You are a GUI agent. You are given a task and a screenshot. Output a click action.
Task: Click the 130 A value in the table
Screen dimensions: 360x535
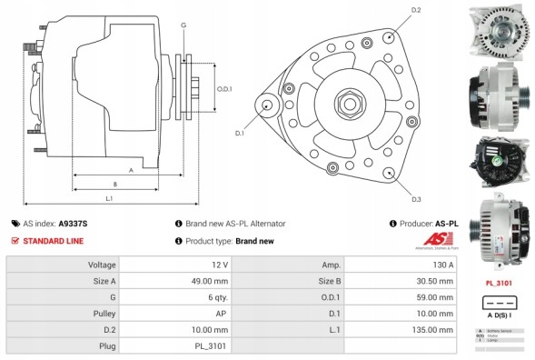[x=441, y=264]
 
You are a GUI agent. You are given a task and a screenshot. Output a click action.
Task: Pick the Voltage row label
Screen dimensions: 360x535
[x=101, y=264]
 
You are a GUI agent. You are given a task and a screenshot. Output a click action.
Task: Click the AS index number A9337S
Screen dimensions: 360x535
[x=74, y=223]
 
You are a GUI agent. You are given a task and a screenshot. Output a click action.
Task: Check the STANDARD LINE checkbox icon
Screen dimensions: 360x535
[x=15, y=241]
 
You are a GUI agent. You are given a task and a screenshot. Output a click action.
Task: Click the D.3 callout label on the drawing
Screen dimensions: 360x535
[x=416, y=198]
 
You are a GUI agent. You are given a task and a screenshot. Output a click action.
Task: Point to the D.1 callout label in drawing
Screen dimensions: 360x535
[x=240, y=134]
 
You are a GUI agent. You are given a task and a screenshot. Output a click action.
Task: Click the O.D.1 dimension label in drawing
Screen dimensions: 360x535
[x=225, y=89]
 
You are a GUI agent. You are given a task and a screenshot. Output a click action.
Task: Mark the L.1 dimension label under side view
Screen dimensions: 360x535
[x=108, y=198]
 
